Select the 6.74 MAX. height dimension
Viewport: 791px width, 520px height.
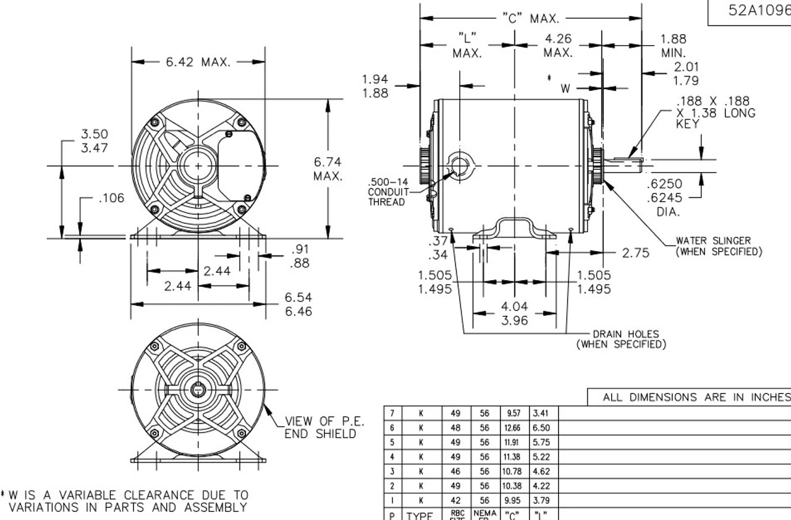pos(328,169)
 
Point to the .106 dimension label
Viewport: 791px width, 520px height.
pos(111,198)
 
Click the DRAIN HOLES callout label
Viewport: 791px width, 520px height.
pos(621,339)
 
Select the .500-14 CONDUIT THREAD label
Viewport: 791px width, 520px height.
pos(387,192)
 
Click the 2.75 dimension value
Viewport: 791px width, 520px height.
pos(635,253)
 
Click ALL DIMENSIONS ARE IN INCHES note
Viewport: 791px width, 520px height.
pos(696,398)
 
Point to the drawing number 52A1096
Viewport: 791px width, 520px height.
pos(759,11)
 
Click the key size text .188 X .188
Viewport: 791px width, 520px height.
pos(716,102)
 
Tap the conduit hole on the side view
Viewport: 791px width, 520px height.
pos(460,166)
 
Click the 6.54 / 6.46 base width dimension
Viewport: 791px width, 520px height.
pos(298,304)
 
